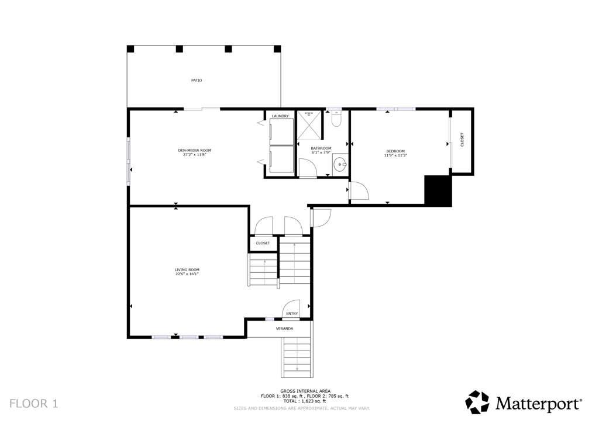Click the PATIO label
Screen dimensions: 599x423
(x=197, y=81)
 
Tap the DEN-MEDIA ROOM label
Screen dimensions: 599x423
(x=194, y=150)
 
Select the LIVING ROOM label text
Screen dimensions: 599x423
(x=187, y=270)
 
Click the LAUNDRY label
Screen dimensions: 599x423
(x=280, y=116)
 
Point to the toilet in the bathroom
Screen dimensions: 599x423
(x=336, y=119)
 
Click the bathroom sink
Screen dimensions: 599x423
(x=340, y=165)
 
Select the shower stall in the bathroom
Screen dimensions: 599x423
(x=309, y=126)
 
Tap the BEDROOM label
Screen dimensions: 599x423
(x=395, y=151)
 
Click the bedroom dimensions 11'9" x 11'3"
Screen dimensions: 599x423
(x=395, y=155)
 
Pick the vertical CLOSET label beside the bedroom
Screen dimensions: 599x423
(x=462, y=140)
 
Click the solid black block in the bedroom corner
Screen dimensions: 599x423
(x=438, y=190)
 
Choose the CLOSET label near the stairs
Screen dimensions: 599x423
(x=263, y=243)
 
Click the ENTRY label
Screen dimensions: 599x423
(x=292, y=314)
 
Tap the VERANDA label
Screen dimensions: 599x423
(x=285, y=328)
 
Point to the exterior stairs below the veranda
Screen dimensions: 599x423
(x=297, y=358)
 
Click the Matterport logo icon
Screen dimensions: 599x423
(x=477, y=402)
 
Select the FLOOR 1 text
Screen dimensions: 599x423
(x=33, y=404)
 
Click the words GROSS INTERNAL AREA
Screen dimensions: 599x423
(x=305, y=391)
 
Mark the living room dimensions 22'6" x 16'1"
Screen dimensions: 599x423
(x=187, y=274)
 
